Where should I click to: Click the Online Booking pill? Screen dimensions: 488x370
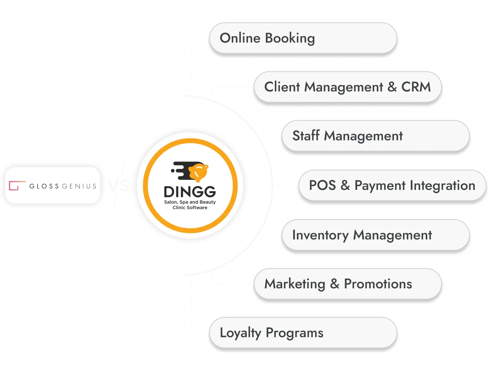[303, 38]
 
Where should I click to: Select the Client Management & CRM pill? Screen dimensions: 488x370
[347, 87]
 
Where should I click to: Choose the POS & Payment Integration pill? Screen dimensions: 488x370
[392, 185]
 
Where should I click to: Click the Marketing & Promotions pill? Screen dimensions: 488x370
[347, 284]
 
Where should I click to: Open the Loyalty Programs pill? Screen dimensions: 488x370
[303, 333]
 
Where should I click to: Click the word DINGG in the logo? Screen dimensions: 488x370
[190, 192]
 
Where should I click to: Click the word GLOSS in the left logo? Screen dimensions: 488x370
[44, 186]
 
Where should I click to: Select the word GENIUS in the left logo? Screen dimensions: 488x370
[79, 186]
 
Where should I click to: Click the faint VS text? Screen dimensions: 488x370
[118, 185]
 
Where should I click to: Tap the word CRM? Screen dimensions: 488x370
[416, 87]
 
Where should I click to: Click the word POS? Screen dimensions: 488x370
[322, 185]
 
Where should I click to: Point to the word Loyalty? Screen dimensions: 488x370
[241, 333]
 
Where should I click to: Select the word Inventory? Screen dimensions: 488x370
[320, 235]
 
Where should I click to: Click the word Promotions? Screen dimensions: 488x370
[378, 284]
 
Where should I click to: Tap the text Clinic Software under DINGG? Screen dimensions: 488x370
[190, 208]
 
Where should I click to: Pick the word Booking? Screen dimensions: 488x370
[290, 38]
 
